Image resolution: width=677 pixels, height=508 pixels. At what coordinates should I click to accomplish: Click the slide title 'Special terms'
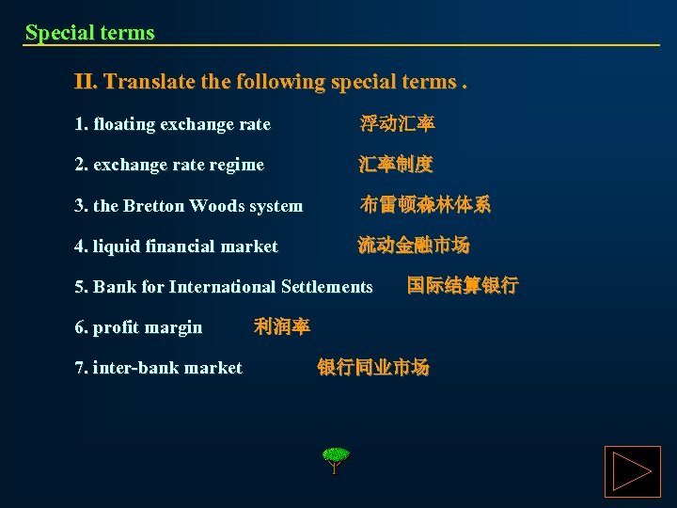coord(89,33)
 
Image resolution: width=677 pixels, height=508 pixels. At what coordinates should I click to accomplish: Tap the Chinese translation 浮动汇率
coord(397,124)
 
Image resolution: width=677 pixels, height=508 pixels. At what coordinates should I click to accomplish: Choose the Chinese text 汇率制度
coord(396,165)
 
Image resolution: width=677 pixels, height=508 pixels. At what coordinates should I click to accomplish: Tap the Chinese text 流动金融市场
coord(414,246)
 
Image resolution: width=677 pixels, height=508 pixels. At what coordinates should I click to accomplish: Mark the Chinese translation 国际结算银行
coord(463,285)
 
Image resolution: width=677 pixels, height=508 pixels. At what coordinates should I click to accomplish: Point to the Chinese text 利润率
coord(282,326)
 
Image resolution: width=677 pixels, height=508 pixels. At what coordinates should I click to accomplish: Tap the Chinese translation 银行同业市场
coord(373,367)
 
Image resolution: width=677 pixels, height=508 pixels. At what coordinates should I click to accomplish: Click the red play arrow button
coord(632,471)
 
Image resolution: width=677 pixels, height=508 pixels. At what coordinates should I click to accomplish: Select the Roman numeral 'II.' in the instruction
coord(86,82)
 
